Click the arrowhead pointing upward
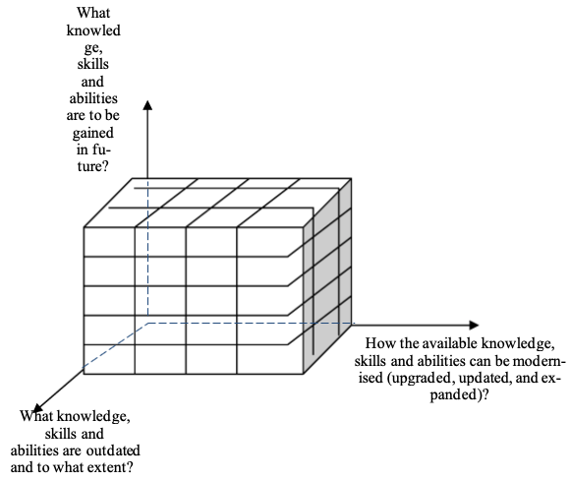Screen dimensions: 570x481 [x=147, y=105]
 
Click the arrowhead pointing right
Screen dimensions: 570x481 [x=474, y=325]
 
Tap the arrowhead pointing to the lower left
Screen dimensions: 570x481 [x=37, y=407]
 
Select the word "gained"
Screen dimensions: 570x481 [x=93, y=133]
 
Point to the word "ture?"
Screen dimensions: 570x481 [x=93, y=166]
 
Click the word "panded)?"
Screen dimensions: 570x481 [x=459, y=394]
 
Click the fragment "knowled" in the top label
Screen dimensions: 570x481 [x=93, y=30]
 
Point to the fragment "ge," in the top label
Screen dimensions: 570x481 [x=93, y=48]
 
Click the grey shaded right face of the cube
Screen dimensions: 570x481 [x=327, y=276]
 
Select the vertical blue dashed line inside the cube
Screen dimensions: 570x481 [x=148, y=247]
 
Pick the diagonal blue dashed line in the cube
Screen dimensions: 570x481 [x=116, y=345]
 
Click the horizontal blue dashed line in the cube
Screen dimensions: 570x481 [x=251, y=323]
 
